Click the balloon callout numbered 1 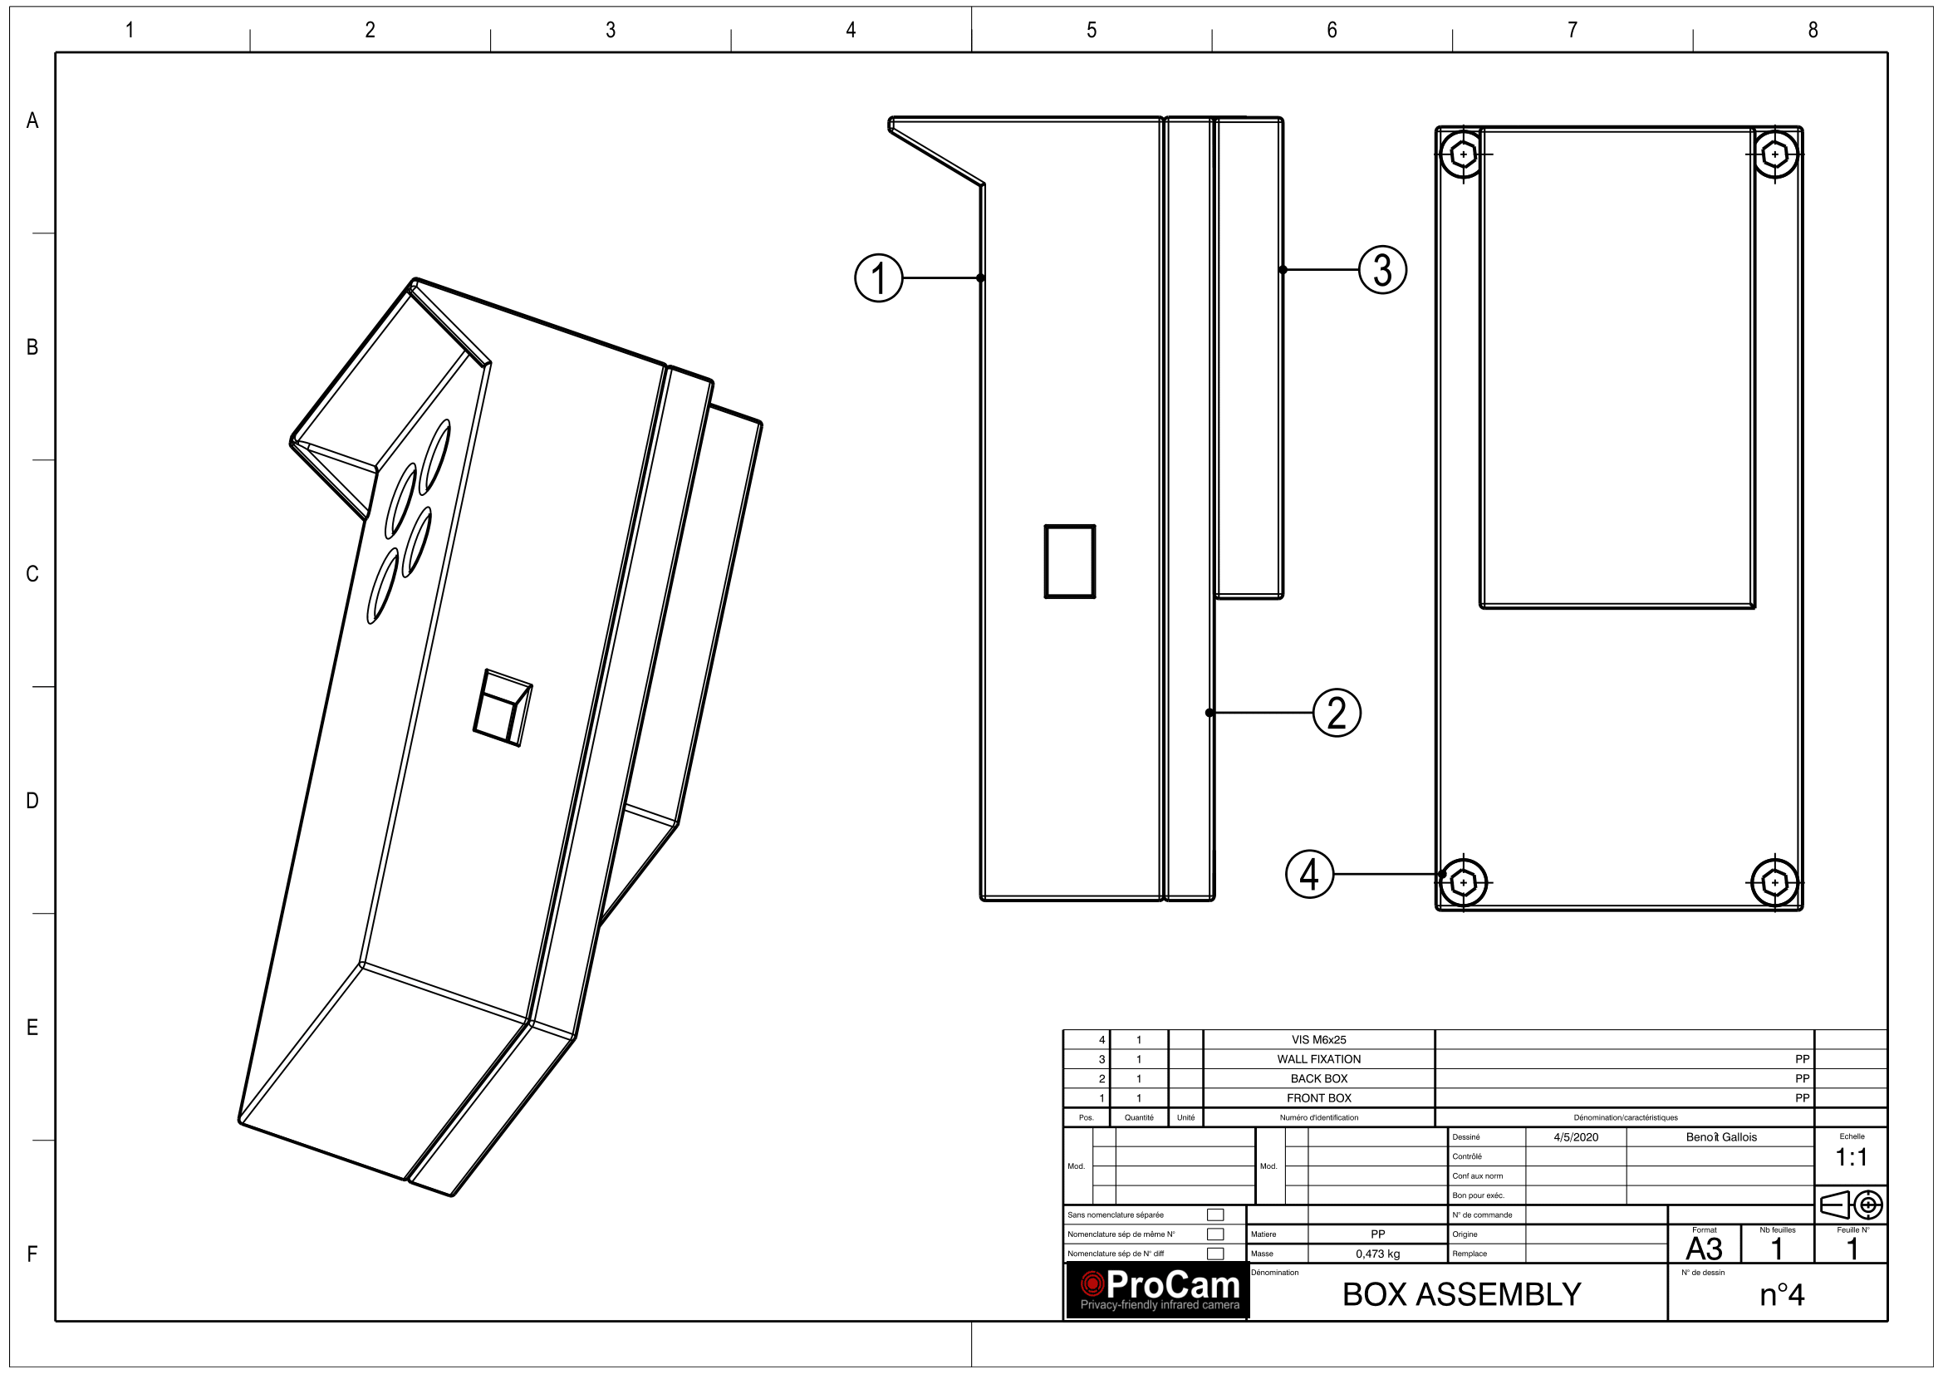[x=878, y=277]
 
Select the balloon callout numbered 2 [x=1337, y=713]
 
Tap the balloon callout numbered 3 [x=1382, y=270]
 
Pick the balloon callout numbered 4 [x=1309, y=874]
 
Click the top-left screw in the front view [x=1463, y=155]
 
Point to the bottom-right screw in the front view [x=1774, y=882]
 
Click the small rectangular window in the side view [x=1070, y=561]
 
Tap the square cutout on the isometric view [x=503, y=707]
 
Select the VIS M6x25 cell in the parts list [x=1318, y=1040]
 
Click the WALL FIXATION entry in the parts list [x=1318, y=1059]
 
